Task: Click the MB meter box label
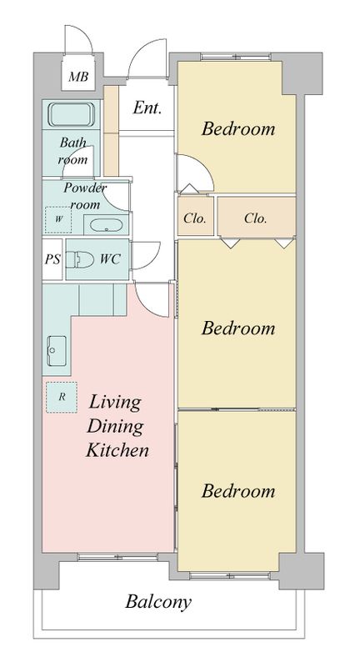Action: click(78, 77)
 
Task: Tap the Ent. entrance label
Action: click(147, 108)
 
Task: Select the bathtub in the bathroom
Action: click(71, 114)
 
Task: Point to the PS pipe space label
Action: click(52, 259)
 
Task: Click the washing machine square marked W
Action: click(58, 219)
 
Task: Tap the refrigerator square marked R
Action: click(62, 397)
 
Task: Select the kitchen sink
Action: click(57, 350)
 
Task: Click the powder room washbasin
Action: click(107, 224)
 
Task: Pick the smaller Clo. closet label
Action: click(195, 218)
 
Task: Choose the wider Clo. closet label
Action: click(256, 218)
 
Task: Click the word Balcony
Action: click(158, 602)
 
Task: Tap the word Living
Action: click(115, 403)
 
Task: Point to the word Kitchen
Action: click(117, 450)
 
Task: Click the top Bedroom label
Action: click(238, 128)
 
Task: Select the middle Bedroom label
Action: click(238, 328)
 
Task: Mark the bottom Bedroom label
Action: click(238, 491)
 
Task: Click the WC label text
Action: click(110, 259)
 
